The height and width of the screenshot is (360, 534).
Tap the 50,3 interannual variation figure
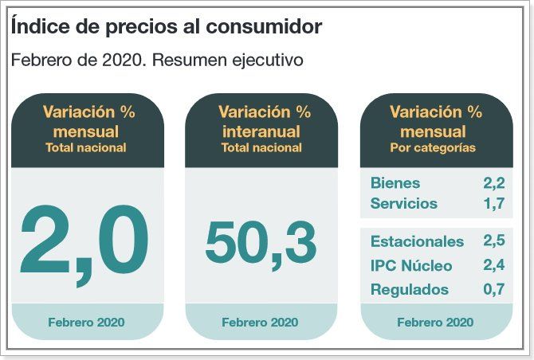(x=261, y=242)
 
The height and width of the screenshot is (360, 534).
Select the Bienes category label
(x=395, y=183)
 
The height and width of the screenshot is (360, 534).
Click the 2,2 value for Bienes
(x=493, y=183)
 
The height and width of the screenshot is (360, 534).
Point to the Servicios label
(x=403, y=203)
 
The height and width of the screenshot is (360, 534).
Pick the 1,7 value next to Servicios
(x=494, y=203)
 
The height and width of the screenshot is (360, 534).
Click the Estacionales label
(x=416, y=241)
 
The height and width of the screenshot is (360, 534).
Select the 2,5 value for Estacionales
(x=493, y=241)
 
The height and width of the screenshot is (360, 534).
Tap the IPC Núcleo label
(x=410, y=265)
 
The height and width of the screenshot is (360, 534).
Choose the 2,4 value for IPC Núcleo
(x=493, y=265)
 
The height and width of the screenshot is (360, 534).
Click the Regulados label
(x=409, y=289)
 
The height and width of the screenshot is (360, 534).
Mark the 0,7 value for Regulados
(x=493, y=289)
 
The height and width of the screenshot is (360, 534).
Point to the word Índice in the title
(x=37, y=26)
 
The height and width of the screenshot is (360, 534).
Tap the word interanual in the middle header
(x=260, y=131)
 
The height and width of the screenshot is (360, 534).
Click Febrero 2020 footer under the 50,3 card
(x=260, y=323)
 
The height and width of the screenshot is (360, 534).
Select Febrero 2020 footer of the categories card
(x=434, y=323)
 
